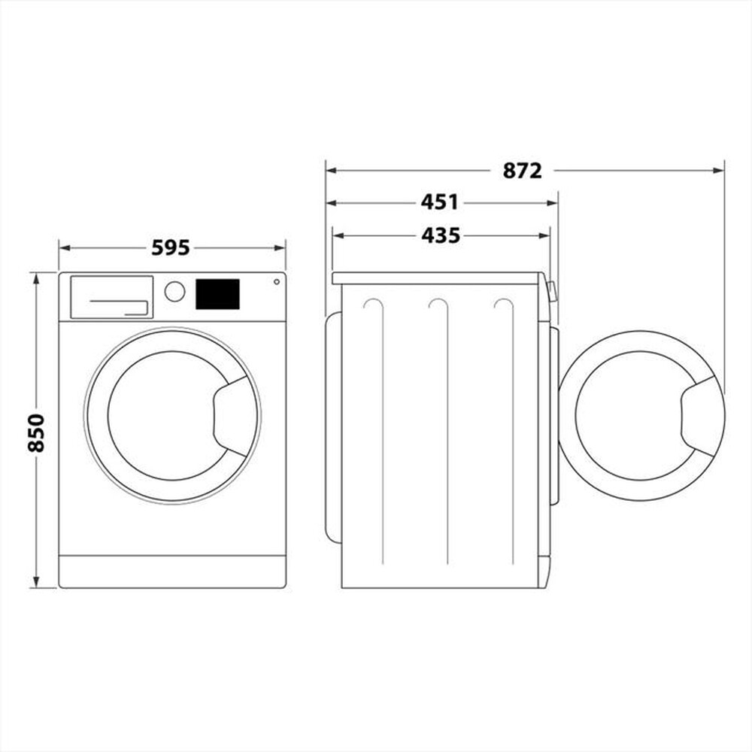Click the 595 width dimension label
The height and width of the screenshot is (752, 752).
coord(171,247)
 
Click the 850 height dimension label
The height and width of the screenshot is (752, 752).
coord(36,432)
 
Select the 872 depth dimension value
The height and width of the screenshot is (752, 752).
coord(522,171)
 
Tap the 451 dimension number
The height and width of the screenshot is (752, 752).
coord(439,202)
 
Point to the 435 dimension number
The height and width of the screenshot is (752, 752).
coord(440,235)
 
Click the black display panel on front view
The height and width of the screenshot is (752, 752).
coord(217,294)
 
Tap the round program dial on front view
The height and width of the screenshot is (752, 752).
coord(174,291)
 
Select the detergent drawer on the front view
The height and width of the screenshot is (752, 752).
coord(111,296)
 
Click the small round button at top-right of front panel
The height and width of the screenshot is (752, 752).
coord(276,282)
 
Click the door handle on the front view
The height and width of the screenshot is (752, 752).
coord(235,416)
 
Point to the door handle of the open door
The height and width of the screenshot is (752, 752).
coord(702,416)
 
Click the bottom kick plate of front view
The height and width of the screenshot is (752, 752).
coord(172,572)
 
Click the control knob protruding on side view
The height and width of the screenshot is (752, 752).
coord(553,291)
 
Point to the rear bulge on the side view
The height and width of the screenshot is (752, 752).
coord(332,427)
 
